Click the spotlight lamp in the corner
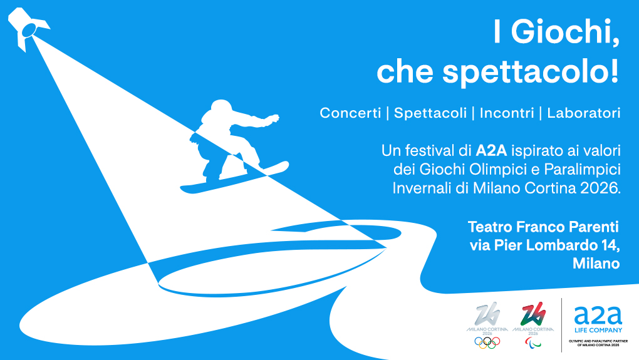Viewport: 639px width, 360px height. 27,28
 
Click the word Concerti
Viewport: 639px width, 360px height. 350,113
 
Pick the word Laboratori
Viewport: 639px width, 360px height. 583,113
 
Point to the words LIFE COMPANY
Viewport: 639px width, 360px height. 598,329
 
